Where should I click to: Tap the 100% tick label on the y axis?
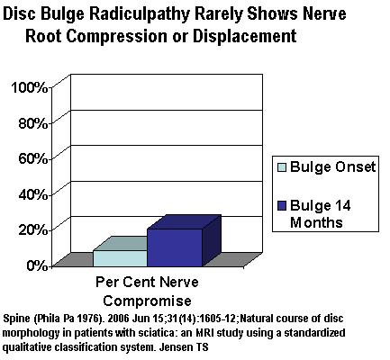(x=30, y=88)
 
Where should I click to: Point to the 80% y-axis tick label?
(x=33, y=123)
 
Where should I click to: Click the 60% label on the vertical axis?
(x=33, y=159)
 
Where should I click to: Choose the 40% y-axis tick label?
(x=33, y=194)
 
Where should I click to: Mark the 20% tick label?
(x=33, y=230)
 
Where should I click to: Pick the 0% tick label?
(x=37, y=265)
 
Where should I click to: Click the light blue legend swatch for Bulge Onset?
(x=282, y=167)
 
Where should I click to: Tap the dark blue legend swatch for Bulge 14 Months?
(x=282, y=206)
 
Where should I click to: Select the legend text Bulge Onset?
(x=333, y=166)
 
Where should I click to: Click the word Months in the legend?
(x=316, y=223)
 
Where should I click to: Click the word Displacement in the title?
(x=245, y=36)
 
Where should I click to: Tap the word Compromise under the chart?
(x=147, y=301)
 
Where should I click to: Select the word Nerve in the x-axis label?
(x=179, y=283)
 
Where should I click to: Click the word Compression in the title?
(x=115, y=37)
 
